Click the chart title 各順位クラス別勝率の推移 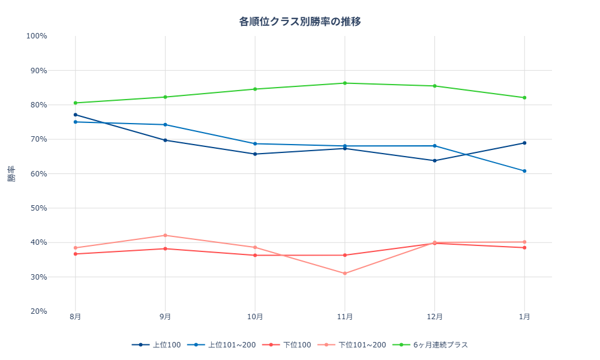pyautogui.click(x=300, y=22)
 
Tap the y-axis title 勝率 pyautogui.click(x=11, y=174)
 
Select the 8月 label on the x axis pyautogui.click(x=76, y=317)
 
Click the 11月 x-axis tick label pyautogui.click(x=345, y=317)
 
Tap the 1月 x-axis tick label pyautogui.click(x=524, y=317)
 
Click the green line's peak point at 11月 pyautogui.click(x=345, y=83)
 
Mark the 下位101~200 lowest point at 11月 pyautogui.click(x=345, y=274)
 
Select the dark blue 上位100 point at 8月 pyautogui.click(x=76, y=115)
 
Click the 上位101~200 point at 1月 pyautogui.click(x=524, y=171)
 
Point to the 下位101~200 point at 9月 pyautogui.click(x=165, y=235)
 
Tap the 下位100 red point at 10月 pyautogui.click(x=255, y=255)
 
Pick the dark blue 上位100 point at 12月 pyautogui.click(x=434, y=160)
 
